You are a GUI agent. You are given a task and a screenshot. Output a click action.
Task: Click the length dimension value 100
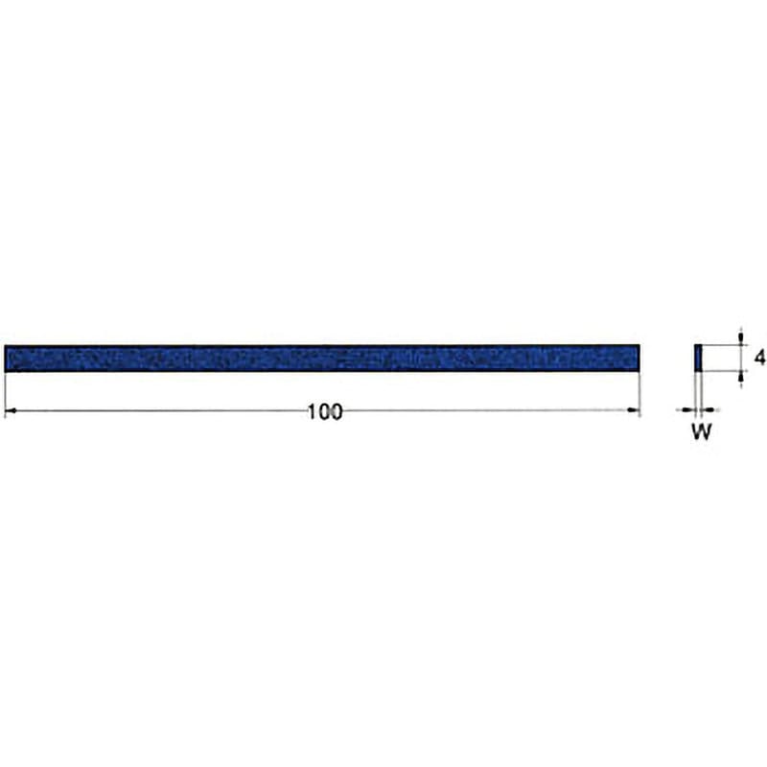325,412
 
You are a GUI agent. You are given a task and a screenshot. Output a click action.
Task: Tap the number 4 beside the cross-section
759,358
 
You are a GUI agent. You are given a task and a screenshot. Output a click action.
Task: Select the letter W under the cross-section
702,432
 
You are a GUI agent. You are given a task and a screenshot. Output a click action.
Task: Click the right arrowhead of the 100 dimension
634,410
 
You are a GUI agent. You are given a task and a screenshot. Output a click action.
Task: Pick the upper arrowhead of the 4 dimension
742,339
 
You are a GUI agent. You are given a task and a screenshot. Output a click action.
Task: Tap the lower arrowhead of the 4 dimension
742,377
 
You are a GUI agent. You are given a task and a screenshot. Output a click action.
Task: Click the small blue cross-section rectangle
698,358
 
